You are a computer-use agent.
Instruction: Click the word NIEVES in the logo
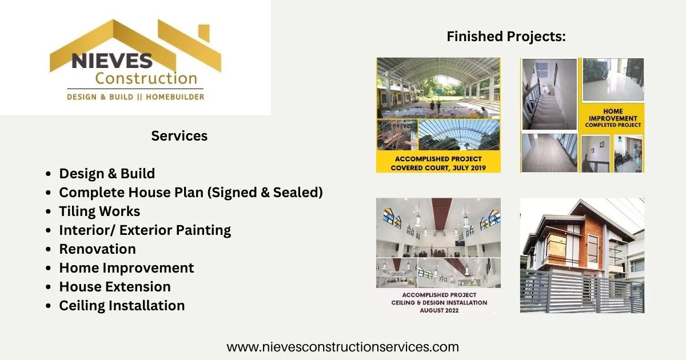pyautogui.click(x=111, y=60)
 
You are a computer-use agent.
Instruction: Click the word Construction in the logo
pyautogui.click(x=146, y=78)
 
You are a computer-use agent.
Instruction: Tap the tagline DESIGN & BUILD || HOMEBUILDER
pyautogui.click(x=135, y=97)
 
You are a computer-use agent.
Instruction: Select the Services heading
pyautogui.click(x=179, y=136)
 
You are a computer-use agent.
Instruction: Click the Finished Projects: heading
pyautogui.click(x=506, y=37)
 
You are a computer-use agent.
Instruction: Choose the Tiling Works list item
pyautogui.click(x=99, y=211)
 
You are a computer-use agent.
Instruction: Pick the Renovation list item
pyautogui.click(x=97, y=249)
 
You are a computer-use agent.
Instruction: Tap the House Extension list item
pyautogui.click(x=115, y=287)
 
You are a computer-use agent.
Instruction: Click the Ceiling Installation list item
pyautogui.click(x=122, y=306)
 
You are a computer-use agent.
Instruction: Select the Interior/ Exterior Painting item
pyautogui.click(x=145, y=230)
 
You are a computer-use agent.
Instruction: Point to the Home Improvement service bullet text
pyautogui.click(x=126, y=268)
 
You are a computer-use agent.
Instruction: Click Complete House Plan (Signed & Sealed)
pyautogui.click(x=191, y=193)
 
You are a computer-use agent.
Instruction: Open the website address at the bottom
pyautogui.click(x=342, y=347)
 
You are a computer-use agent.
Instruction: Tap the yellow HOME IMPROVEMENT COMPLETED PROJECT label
pyautogui.click(x=613, y=118)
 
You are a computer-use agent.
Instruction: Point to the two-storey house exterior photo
pyautogui.click(x=582, y=255)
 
